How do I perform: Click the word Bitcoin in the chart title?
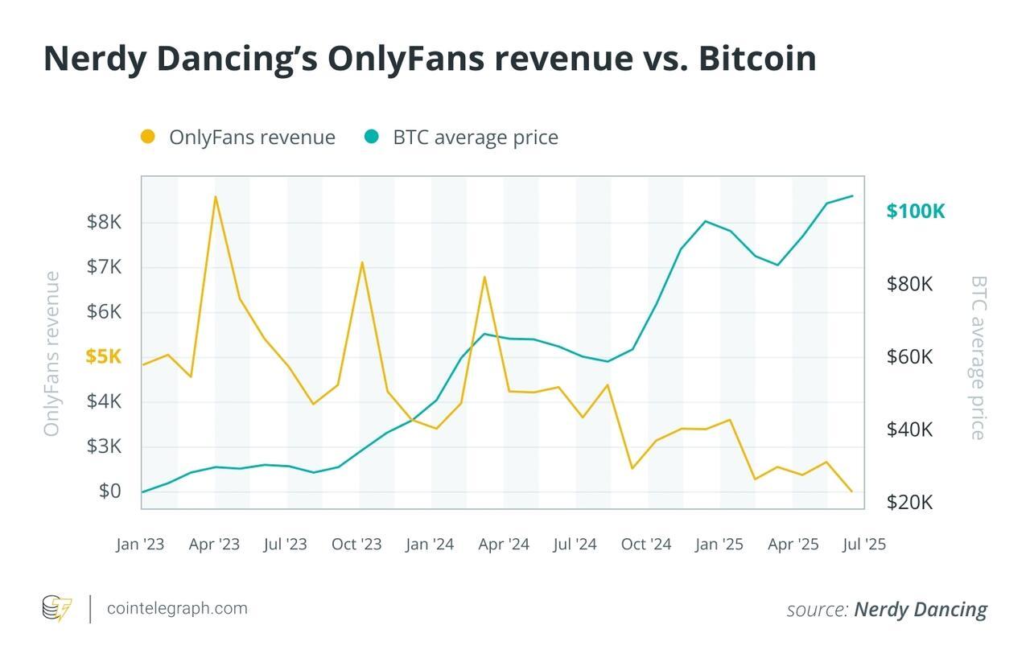[757, 59]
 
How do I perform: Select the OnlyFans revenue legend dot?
[148, 137]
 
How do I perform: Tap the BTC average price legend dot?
[371, 137]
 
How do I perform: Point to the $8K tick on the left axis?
[104, 222]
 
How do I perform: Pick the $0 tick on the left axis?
[109, 491]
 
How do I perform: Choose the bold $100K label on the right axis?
[915, 212]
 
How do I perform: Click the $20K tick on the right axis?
[909, 502]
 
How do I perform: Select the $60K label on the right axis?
[909, 356]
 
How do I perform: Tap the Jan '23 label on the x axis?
[140, 545]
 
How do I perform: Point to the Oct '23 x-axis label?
[356, 545]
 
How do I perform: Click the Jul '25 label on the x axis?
[863, 545]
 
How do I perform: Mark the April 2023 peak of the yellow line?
[215, 196]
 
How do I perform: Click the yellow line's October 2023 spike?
[362, 262]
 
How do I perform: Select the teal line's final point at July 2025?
[852, 195]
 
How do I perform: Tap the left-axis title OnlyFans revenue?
[51, 354]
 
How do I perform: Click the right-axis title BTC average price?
[978, 358]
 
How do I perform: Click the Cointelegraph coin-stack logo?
[56, 608]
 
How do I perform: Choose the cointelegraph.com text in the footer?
[177, 608]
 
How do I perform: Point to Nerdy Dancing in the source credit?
[920, 610]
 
